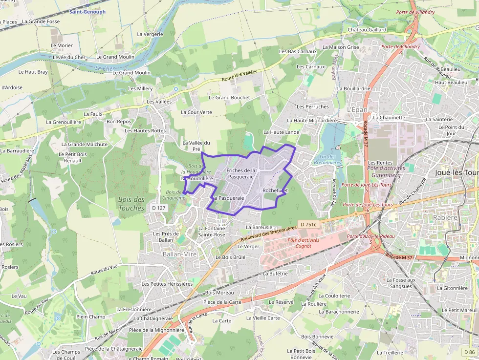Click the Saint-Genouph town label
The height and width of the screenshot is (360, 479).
click(x=87, y=12)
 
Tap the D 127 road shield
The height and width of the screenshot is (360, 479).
click(x=159, y=208)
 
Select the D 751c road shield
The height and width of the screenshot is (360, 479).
click(x=308, y=224)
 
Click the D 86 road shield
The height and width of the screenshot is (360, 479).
click(x=468, y=352)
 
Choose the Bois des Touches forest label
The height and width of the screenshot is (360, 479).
click(x=131, y=204)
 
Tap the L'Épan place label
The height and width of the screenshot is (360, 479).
click(x=357, y=110)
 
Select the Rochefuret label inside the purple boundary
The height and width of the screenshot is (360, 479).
click(x=275, y=190)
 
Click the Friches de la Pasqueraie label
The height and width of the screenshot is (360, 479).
click(x=240, y=173)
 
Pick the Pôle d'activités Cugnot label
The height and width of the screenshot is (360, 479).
click(x=303, y=243)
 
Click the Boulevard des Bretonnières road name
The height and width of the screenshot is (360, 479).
click(x=269, y=233)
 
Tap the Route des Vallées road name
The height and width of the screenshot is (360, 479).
click(x=239, y=76)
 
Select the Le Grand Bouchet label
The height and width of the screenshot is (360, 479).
click(x=229, y=98)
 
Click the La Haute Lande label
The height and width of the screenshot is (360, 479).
click(x=281, y=132)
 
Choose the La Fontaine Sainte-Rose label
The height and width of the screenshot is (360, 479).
click(x=212, y=232)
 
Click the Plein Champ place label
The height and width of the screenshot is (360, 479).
click(x=90, y=317)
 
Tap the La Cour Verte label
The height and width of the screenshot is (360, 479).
click(x=196, y=112)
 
